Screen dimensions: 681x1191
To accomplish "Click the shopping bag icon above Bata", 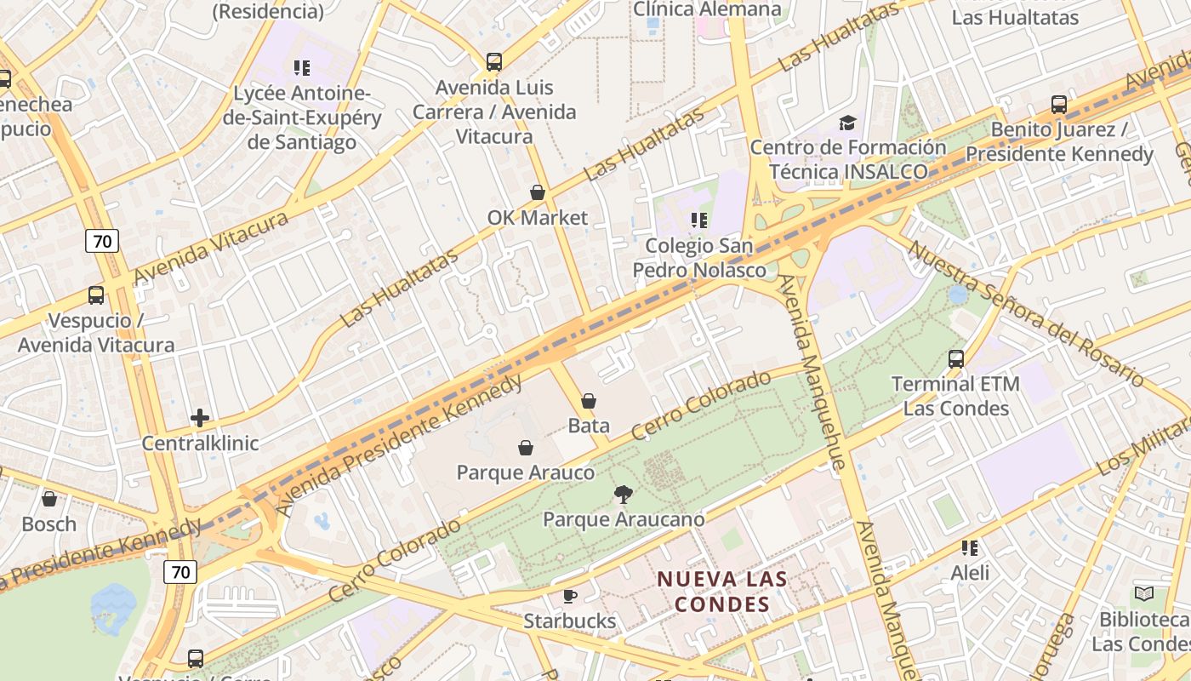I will tap(588, 400).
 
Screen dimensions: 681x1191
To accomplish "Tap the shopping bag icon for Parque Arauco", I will tap(526, 448).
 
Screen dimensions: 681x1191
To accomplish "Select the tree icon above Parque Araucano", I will tap(624, 495).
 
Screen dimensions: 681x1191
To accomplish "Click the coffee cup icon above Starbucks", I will tap(569, 596).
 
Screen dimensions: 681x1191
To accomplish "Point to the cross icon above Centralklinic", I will tap(200, 418).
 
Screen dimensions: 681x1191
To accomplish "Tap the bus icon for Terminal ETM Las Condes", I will tap(956, 359).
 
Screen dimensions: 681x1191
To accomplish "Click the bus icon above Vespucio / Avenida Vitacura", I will tap(96, 296).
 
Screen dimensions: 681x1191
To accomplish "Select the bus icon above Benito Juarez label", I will tap(1059, 105).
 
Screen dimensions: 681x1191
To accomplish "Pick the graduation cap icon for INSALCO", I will tap(847, 123).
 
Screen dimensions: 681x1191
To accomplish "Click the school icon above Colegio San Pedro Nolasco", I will tap(699, 220).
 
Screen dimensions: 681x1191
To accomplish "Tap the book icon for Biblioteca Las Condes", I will tap(1144, 593).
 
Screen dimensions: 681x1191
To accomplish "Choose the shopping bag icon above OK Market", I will tap(538, 192).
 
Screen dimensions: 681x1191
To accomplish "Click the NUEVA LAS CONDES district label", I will tap(721, 591).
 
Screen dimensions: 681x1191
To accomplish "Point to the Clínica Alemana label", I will tap(707, 9).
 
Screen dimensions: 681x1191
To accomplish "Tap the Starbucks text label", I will tap(569, 621).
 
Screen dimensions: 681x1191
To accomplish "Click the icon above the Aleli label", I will tap(970, 548).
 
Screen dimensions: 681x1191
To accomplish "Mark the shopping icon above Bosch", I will tap(49, 499).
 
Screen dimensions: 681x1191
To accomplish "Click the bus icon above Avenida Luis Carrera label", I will tap(494, 62).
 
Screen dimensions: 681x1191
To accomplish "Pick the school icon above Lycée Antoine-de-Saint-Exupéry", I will tap(301, 67).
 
